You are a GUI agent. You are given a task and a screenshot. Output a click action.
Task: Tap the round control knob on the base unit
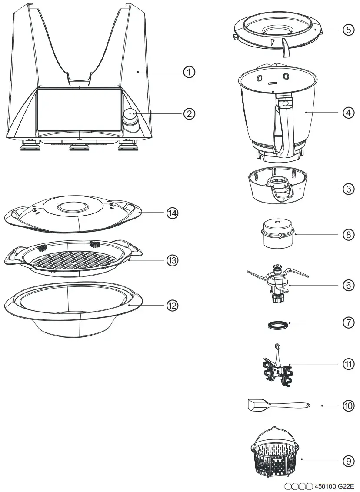pos(130,116)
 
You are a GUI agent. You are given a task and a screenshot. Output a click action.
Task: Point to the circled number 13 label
pos(173,260)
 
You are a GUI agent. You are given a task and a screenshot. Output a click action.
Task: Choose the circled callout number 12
pos(173,305)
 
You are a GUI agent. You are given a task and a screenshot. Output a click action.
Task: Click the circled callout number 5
pos(348,30)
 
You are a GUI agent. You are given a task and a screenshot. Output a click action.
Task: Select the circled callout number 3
pos(348,189)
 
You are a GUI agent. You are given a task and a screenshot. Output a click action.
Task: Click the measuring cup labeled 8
pos(277,233)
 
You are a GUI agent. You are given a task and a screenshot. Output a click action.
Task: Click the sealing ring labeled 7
pos(277,324)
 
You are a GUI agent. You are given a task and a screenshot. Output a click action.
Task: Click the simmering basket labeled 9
pos(276,456)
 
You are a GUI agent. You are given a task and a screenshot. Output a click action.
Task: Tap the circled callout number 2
pos(189,113)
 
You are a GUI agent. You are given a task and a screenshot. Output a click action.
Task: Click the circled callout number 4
pos(348,112)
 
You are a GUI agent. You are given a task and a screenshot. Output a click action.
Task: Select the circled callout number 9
pos(348,461)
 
